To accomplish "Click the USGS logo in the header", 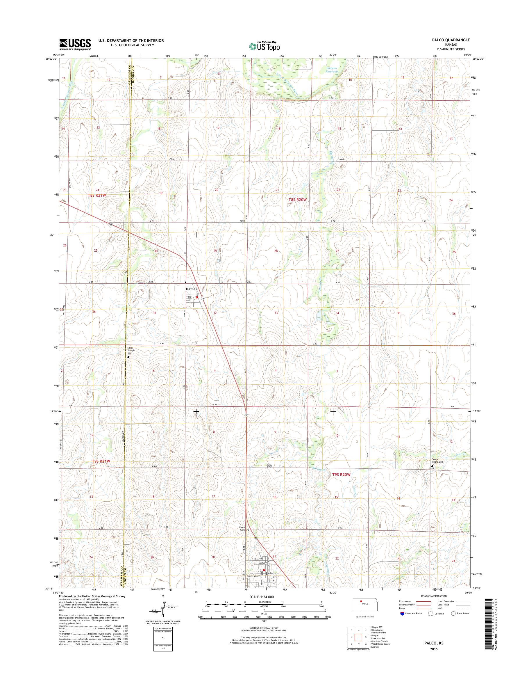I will click(x=75, y=45).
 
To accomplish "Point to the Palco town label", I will click(x=270, y=574).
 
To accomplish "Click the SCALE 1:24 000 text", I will click(x=261, y=596).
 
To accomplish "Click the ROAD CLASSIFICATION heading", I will click(x=434, y=596).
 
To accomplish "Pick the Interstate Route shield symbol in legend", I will click(x=402, y=613).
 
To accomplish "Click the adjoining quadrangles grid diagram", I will click(x=358, y=637).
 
